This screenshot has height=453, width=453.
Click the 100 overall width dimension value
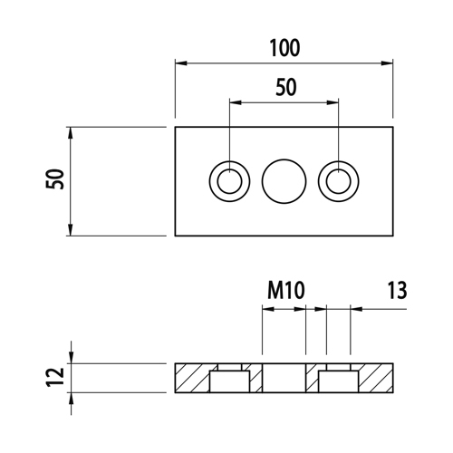(284, 48)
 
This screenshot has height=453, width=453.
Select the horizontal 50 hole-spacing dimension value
(286, 87)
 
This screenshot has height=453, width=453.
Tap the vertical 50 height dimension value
(55, 179)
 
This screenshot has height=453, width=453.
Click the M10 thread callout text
(286, 290)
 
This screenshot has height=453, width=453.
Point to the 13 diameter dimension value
(397, 290)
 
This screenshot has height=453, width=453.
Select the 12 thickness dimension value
(55, 377)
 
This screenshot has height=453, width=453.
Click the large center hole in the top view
(284, 181)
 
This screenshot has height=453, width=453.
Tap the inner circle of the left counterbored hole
(229, 181)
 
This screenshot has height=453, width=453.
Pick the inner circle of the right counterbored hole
(338, 181)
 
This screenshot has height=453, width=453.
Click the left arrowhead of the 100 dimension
(181, 63)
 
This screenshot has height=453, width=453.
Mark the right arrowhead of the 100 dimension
(387, 63)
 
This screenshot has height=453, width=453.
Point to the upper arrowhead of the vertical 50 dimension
(71, 133)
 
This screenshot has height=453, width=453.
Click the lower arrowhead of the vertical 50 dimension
(71, 230)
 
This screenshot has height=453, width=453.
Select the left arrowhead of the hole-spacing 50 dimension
(236, 102)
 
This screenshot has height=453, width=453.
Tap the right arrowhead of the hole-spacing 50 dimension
(333, 102)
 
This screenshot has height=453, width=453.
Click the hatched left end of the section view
(192, 378)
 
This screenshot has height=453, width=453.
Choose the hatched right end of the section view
(376, 378)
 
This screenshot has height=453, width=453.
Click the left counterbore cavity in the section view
(229, 381)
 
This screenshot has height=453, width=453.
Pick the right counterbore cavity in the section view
(338, 381)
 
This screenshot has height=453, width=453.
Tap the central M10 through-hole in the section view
(284, 378)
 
